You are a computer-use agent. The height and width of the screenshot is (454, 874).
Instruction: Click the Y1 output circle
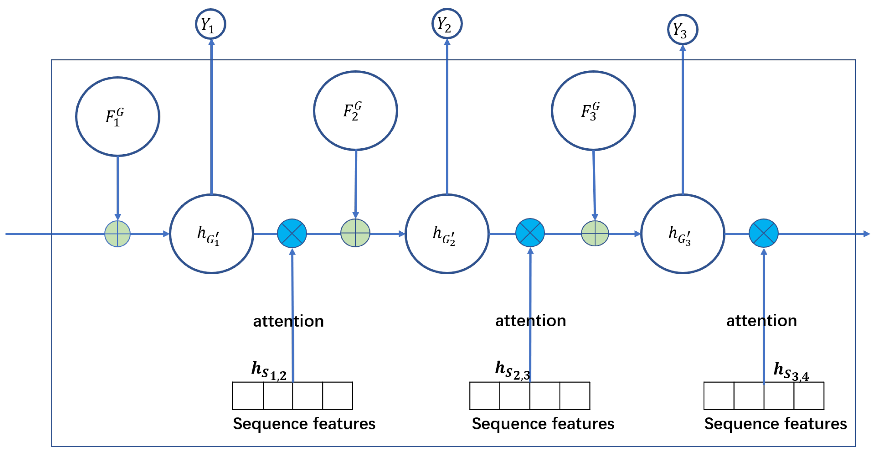(210, 24)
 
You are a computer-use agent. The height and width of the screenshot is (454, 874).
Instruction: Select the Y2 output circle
(447, 23)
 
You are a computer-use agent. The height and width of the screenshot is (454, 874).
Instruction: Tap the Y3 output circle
(682, 30)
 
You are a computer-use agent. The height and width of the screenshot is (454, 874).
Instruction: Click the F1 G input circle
(117, 117)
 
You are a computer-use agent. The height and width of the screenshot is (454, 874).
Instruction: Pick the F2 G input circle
(355, 111)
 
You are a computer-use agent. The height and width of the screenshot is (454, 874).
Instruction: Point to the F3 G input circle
(593, 111)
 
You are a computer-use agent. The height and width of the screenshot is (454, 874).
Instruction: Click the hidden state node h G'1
(212, 234)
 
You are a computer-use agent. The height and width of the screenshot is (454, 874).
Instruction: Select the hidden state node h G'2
(447, 234)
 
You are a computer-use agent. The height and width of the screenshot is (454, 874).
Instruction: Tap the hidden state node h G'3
(682, 234)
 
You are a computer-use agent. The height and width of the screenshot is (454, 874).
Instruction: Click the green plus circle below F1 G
(117, 234)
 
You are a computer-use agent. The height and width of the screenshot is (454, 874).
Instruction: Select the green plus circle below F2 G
(355, 233)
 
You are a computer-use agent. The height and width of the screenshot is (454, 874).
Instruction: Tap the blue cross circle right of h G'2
(530, 233)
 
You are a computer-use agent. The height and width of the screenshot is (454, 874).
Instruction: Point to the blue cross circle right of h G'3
(763, 233)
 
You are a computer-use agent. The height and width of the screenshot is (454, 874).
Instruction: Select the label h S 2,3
(512, 370)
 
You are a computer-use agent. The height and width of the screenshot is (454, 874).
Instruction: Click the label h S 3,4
(790, 371)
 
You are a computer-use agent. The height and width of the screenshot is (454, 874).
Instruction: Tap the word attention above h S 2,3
(530, 321)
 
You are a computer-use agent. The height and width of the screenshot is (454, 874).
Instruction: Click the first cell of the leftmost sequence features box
(248, 396)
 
